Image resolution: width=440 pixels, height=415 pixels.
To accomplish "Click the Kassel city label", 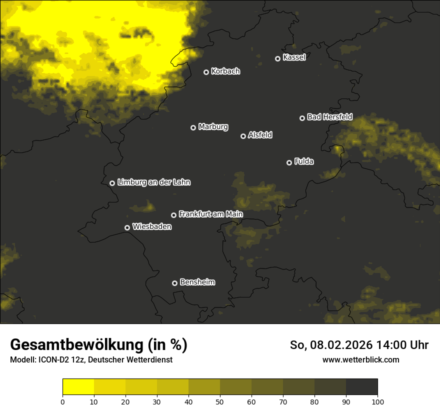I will tap(294, 57).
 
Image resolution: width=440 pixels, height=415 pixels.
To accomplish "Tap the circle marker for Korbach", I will tap(206, 72).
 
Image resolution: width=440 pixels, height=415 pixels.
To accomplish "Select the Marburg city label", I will tap(213, 127).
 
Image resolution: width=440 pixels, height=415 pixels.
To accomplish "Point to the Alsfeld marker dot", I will tap(243, 136).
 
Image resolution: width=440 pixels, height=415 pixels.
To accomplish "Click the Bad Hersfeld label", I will tap(329, 117).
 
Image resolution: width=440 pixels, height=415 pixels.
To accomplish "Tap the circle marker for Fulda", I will tap(289, 162).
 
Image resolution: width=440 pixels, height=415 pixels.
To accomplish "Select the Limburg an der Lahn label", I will tap(153, 182).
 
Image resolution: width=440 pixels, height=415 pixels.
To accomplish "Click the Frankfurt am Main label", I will tap(210, 214).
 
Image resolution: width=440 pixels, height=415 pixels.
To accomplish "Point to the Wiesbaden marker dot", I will tap(127, 227).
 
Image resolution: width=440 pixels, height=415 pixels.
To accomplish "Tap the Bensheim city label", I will tap(197, 282).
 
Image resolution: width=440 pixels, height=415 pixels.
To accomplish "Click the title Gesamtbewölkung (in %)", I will tap(98, 345).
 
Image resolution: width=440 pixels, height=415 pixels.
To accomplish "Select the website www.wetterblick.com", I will tap(360, 360).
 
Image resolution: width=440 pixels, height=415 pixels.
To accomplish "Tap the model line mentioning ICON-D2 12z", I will tap(91, 360).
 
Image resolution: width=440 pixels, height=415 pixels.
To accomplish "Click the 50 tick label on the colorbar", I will tap(220, 401).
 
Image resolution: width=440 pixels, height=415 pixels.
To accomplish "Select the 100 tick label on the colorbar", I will tap(377, 401).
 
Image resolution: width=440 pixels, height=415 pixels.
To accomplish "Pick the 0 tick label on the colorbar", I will tap(62, 401).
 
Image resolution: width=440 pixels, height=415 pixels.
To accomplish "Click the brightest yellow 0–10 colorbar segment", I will tap(78, 387).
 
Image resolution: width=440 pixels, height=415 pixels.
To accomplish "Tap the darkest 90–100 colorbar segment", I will tap(361, 387).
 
